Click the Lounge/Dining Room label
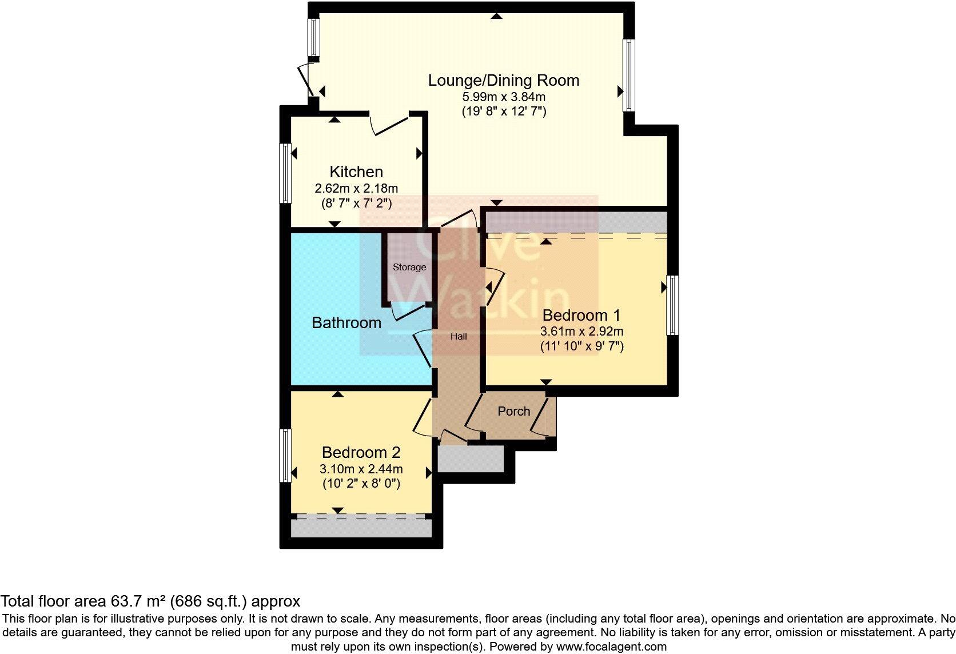point(504,81)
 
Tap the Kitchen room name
point(356,172)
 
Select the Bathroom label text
point(346,323)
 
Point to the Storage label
point(409,268)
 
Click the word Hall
point(459,337)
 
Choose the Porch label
point(513,412)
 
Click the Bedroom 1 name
point(581,316)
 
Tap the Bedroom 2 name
point(361,453)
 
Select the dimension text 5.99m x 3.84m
point(504,97)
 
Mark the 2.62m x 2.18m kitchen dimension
point(356,188)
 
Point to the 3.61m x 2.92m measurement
point(581,331)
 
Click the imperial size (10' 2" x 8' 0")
point(361,484)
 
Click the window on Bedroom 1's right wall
point(673,305)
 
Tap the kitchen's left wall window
point(285,173)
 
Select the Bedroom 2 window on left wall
point(285,456)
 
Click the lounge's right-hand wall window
point(628,75)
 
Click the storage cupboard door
point(409,310)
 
